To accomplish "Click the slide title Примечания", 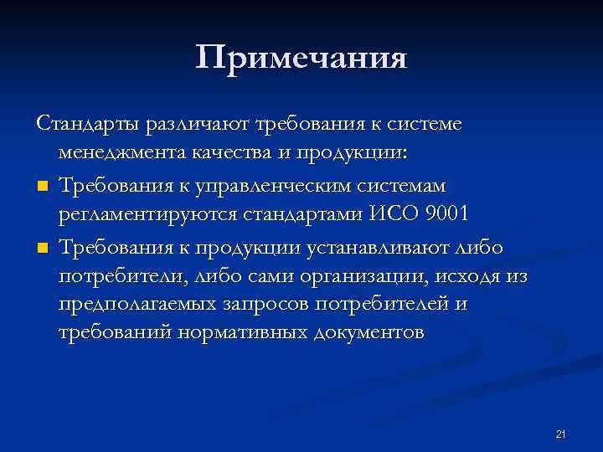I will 301,59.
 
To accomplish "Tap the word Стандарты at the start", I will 89,124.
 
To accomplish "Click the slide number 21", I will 561,433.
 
